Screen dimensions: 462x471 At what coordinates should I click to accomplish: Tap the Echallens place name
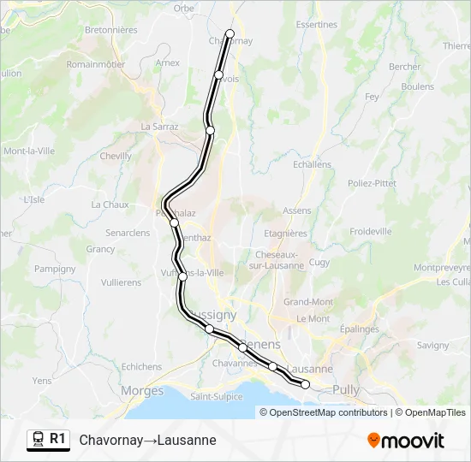click(x=311, y=164)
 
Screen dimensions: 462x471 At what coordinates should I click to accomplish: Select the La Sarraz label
click(x=159, y=126)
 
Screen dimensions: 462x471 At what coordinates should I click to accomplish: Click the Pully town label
click(x=370, y=390)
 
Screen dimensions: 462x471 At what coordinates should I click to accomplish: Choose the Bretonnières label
click(x=111, y=29)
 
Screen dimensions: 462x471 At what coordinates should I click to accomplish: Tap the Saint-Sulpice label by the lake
click(x=214, y=397)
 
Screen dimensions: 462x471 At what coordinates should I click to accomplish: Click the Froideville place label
click(x=371, y=231)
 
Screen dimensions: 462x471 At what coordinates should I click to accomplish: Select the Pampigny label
click(x=56, y=268)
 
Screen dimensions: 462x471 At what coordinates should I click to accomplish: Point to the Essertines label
click(x=316, y=25)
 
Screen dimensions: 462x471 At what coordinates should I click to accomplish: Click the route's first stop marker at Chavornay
click(x=230, y=34)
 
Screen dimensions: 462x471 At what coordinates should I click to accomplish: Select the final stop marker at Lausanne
click(x=306, y=385)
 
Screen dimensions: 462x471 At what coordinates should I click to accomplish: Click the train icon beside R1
click(x=38, y=440)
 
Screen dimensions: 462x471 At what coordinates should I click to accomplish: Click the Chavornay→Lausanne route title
click(x=147, y=440)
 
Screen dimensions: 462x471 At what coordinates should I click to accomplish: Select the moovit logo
click(x=406, y=441)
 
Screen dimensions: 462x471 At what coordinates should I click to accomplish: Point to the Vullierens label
click(x=121, y=281)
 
